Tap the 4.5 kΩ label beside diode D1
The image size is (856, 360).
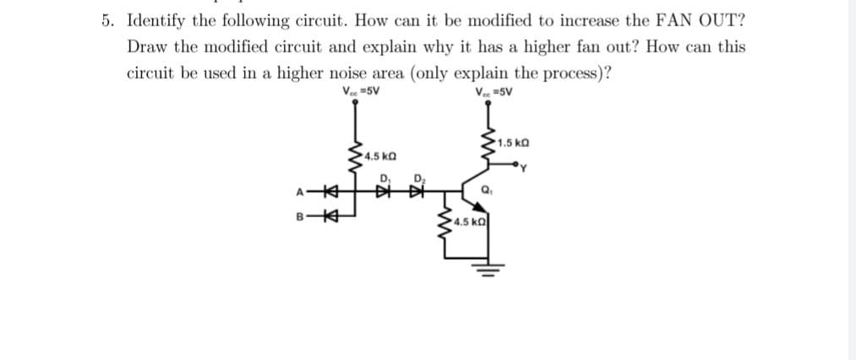378,156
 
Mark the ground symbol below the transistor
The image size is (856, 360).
488,270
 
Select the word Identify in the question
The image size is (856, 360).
156,20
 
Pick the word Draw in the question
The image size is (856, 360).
148,46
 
